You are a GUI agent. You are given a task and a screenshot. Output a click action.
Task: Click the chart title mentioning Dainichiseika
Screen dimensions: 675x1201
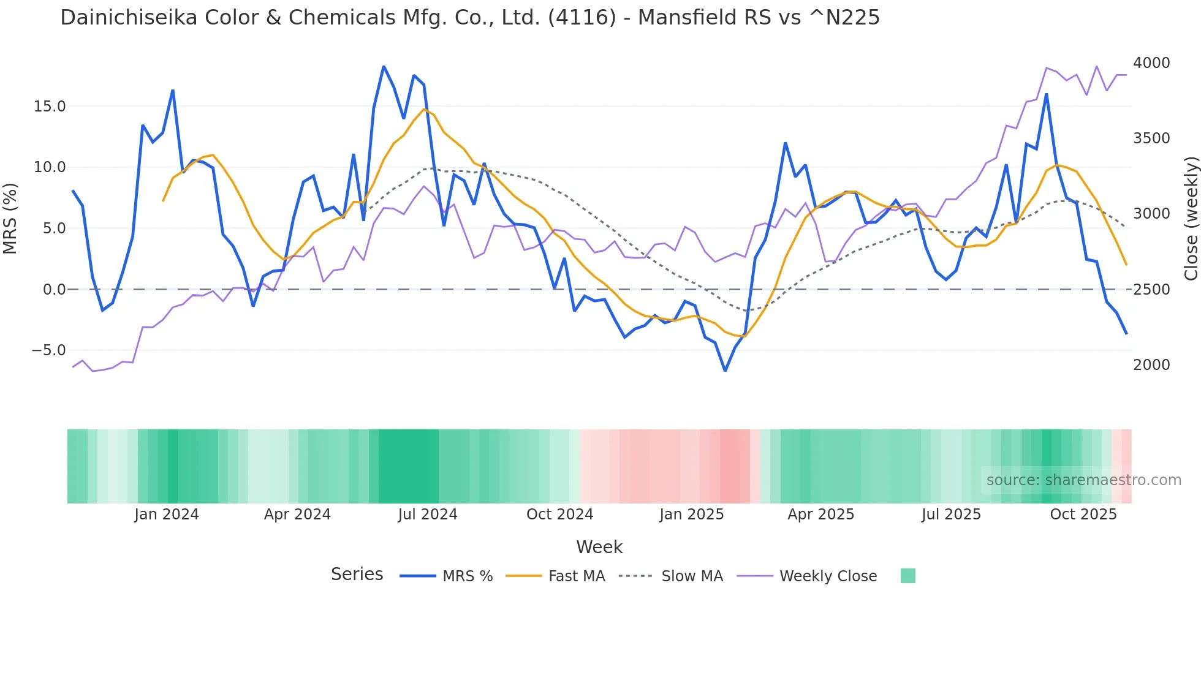click(x=469, y=18)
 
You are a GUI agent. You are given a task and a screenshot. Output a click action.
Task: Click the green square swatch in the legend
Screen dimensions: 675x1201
click(x=907, y=576)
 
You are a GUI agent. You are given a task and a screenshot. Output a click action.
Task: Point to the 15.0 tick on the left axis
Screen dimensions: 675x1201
click(x=50, y=107)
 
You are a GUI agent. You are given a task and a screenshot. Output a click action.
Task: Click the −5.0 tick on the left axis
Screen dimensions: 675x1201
click(x=48, y=350)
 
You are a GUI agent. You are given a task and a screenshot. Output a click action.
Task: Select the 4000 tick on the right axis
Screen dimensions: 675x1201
click(x=1151, y=63)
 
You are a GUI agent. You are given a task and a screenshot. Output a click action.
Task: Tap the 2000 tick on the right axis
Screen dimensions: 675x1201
click(x=1151, y=365)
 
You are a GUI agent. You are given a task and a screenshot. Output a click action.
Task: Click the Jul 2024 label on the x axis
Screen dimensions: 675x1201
click(x=428, y=515)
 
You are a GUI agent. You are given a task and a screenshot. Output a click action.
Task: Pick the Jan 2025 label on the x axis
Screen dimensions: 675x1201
click(x=691, y=515)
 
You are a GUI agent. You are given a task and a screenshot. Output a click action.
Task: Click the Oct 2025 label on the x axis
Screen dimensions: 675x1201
click(x=1083, y=515)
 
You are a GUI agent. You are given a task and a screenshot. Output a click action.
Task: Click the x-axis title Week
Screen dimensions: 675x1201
click(x=599, y=547)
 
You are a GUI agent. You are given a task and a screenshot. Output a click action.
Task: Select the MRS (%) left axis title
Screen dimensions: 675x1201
click(x=10, y=218)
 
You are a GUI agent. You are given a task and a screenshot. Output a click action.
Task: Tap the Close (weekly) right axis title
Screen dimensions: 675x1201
click(x=1191, y=218)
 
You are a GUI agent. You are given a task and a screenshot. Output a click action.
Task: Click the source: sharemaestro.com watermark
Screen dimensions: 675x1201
click(x=1083, y=480)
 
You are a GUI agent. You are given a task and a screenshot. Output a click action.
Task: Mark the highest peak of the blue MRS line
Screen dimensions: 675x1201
click(x=384, y=66)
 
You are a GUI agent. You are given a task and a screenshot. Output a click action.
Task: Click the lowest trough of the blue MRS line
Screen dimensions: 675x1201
click(x=725, y=371)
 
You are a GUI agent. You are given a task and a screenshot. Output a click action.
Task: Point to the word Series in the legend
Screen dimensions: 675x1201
click(x=357, y=575)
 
